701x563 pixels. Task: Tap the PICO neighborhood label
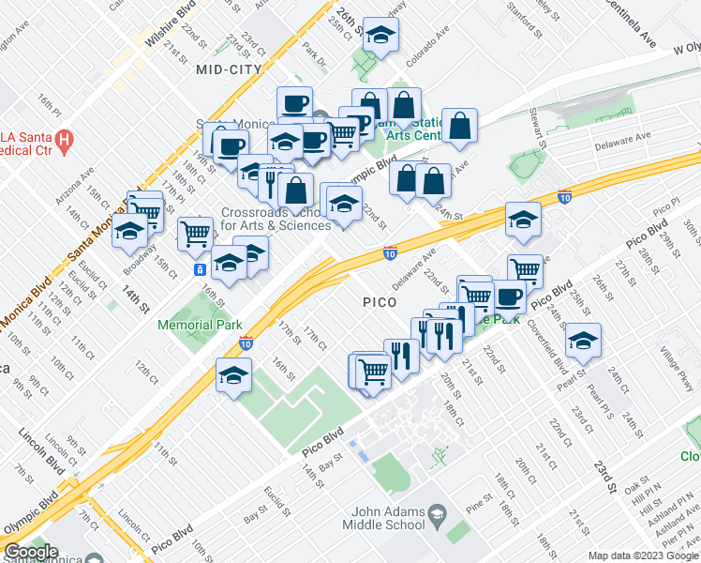[x=380, y=303]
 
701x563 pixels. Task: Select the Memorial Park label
[x=200, y=325]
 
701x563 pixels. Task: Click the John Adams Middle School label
[x=388, y=519]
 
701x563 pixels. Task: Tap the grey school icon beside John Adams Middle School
[x=437, y=513]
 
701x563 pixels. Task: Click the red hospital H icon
[x=64, y=144]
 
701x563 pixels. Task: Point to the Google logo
[x=31, y=552]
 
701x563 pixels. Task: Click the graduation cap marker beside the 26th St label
[x=380, y=35]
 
